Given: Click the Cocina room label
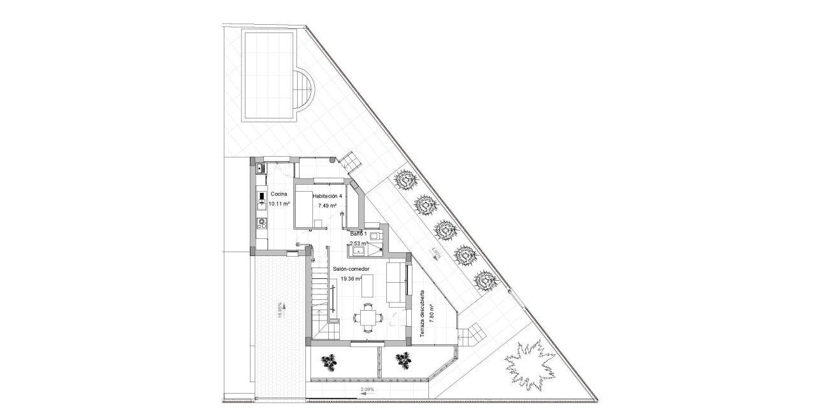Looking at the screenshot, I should (279, 194).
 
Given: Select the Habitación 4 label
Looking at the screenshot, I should (327, 196).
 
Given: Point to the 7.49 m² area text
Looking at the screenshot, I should (327, 206).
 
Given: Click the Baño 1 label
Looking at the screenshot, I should (358, 234).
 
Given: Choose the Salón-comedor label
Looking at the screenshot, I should (351, 269).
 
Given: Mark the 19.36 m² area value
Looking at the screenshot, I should (351, 279).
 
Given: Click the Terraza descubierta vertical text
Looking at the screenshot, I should (422, 313).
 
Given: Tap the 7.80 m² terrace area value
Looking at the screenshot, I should (432, 313).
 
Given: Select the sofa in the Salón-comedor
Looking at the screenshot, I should (395, 282).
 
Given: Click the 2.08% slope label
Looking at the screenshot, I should (367, 389).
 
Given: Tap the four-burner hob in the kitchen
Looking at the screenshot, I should (261, 222).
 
